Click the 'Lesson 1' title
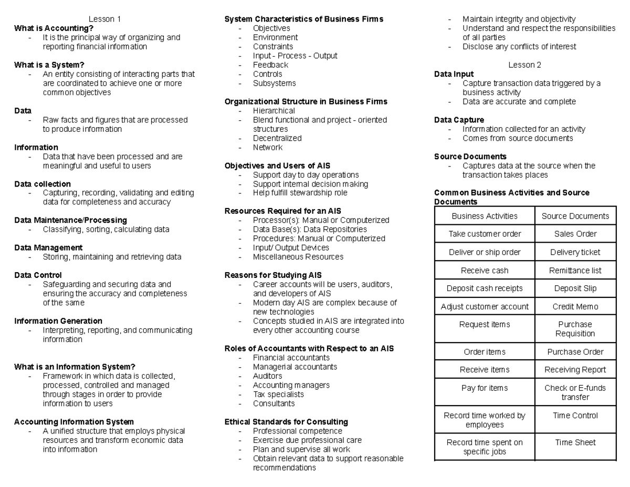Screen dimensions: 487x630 point(104,19)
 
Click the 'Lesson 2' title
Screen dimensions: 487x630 point(524,65)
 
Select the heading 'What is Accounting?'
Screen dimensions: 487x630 point(54,28)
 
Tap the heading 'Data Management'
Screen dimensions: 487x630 point(48,247)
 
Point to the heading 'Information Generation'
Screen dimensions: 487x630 point(58,321)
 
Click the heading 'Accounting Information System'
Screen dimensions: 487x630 point(74,422)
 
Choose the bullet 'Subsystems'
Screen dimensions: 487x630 point(274,83)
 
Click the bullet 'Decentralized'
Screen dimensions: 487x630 point(277,138)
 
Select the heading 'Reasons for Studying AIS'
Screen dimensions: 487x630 point(273,275)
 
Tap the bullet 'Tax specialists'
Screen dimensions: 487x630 point(278,394)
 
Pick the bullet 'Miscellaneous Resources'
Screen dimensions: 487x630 point(298,257)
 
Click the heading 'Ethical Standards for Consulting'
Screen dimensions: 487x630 point(286,422)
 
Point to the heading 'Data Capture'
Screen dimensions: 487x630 point(459,120)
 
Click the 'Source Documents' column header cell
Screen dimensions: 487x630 point(575,216)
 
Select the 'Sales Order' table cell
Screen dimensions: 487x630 point(575,234)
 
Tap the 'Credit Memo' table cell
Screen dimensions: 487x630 point(575,306)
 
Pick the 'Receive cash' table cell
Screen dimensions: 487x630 point(485,271)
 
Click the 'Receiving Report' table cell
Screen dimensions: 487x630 point(575,370)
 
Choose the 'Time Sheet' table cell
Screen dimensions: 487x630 point(575,442)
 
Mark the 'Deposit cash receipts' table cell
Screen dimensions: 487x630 point(485,288)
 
